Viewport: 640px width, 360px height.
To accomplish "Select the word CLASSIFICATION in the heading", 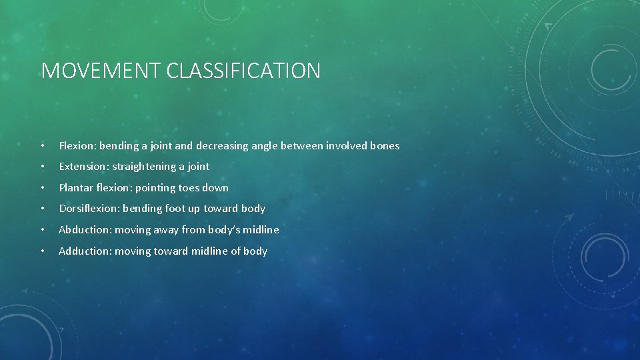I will coord(243,71).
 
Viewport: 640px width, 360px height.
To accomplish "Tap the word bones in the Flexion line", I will coord(383,145).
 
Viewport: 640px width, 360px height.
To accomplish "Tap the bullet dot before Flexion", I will coord(42,146).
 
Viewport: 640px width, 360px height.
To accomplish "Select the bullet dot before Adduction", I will coord(42,251).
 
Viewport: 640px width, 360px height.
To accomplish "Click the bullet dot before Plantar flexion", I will coord(42,188).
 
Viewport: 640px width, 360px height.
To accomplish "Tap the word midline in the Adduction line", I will coord(209,251).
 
